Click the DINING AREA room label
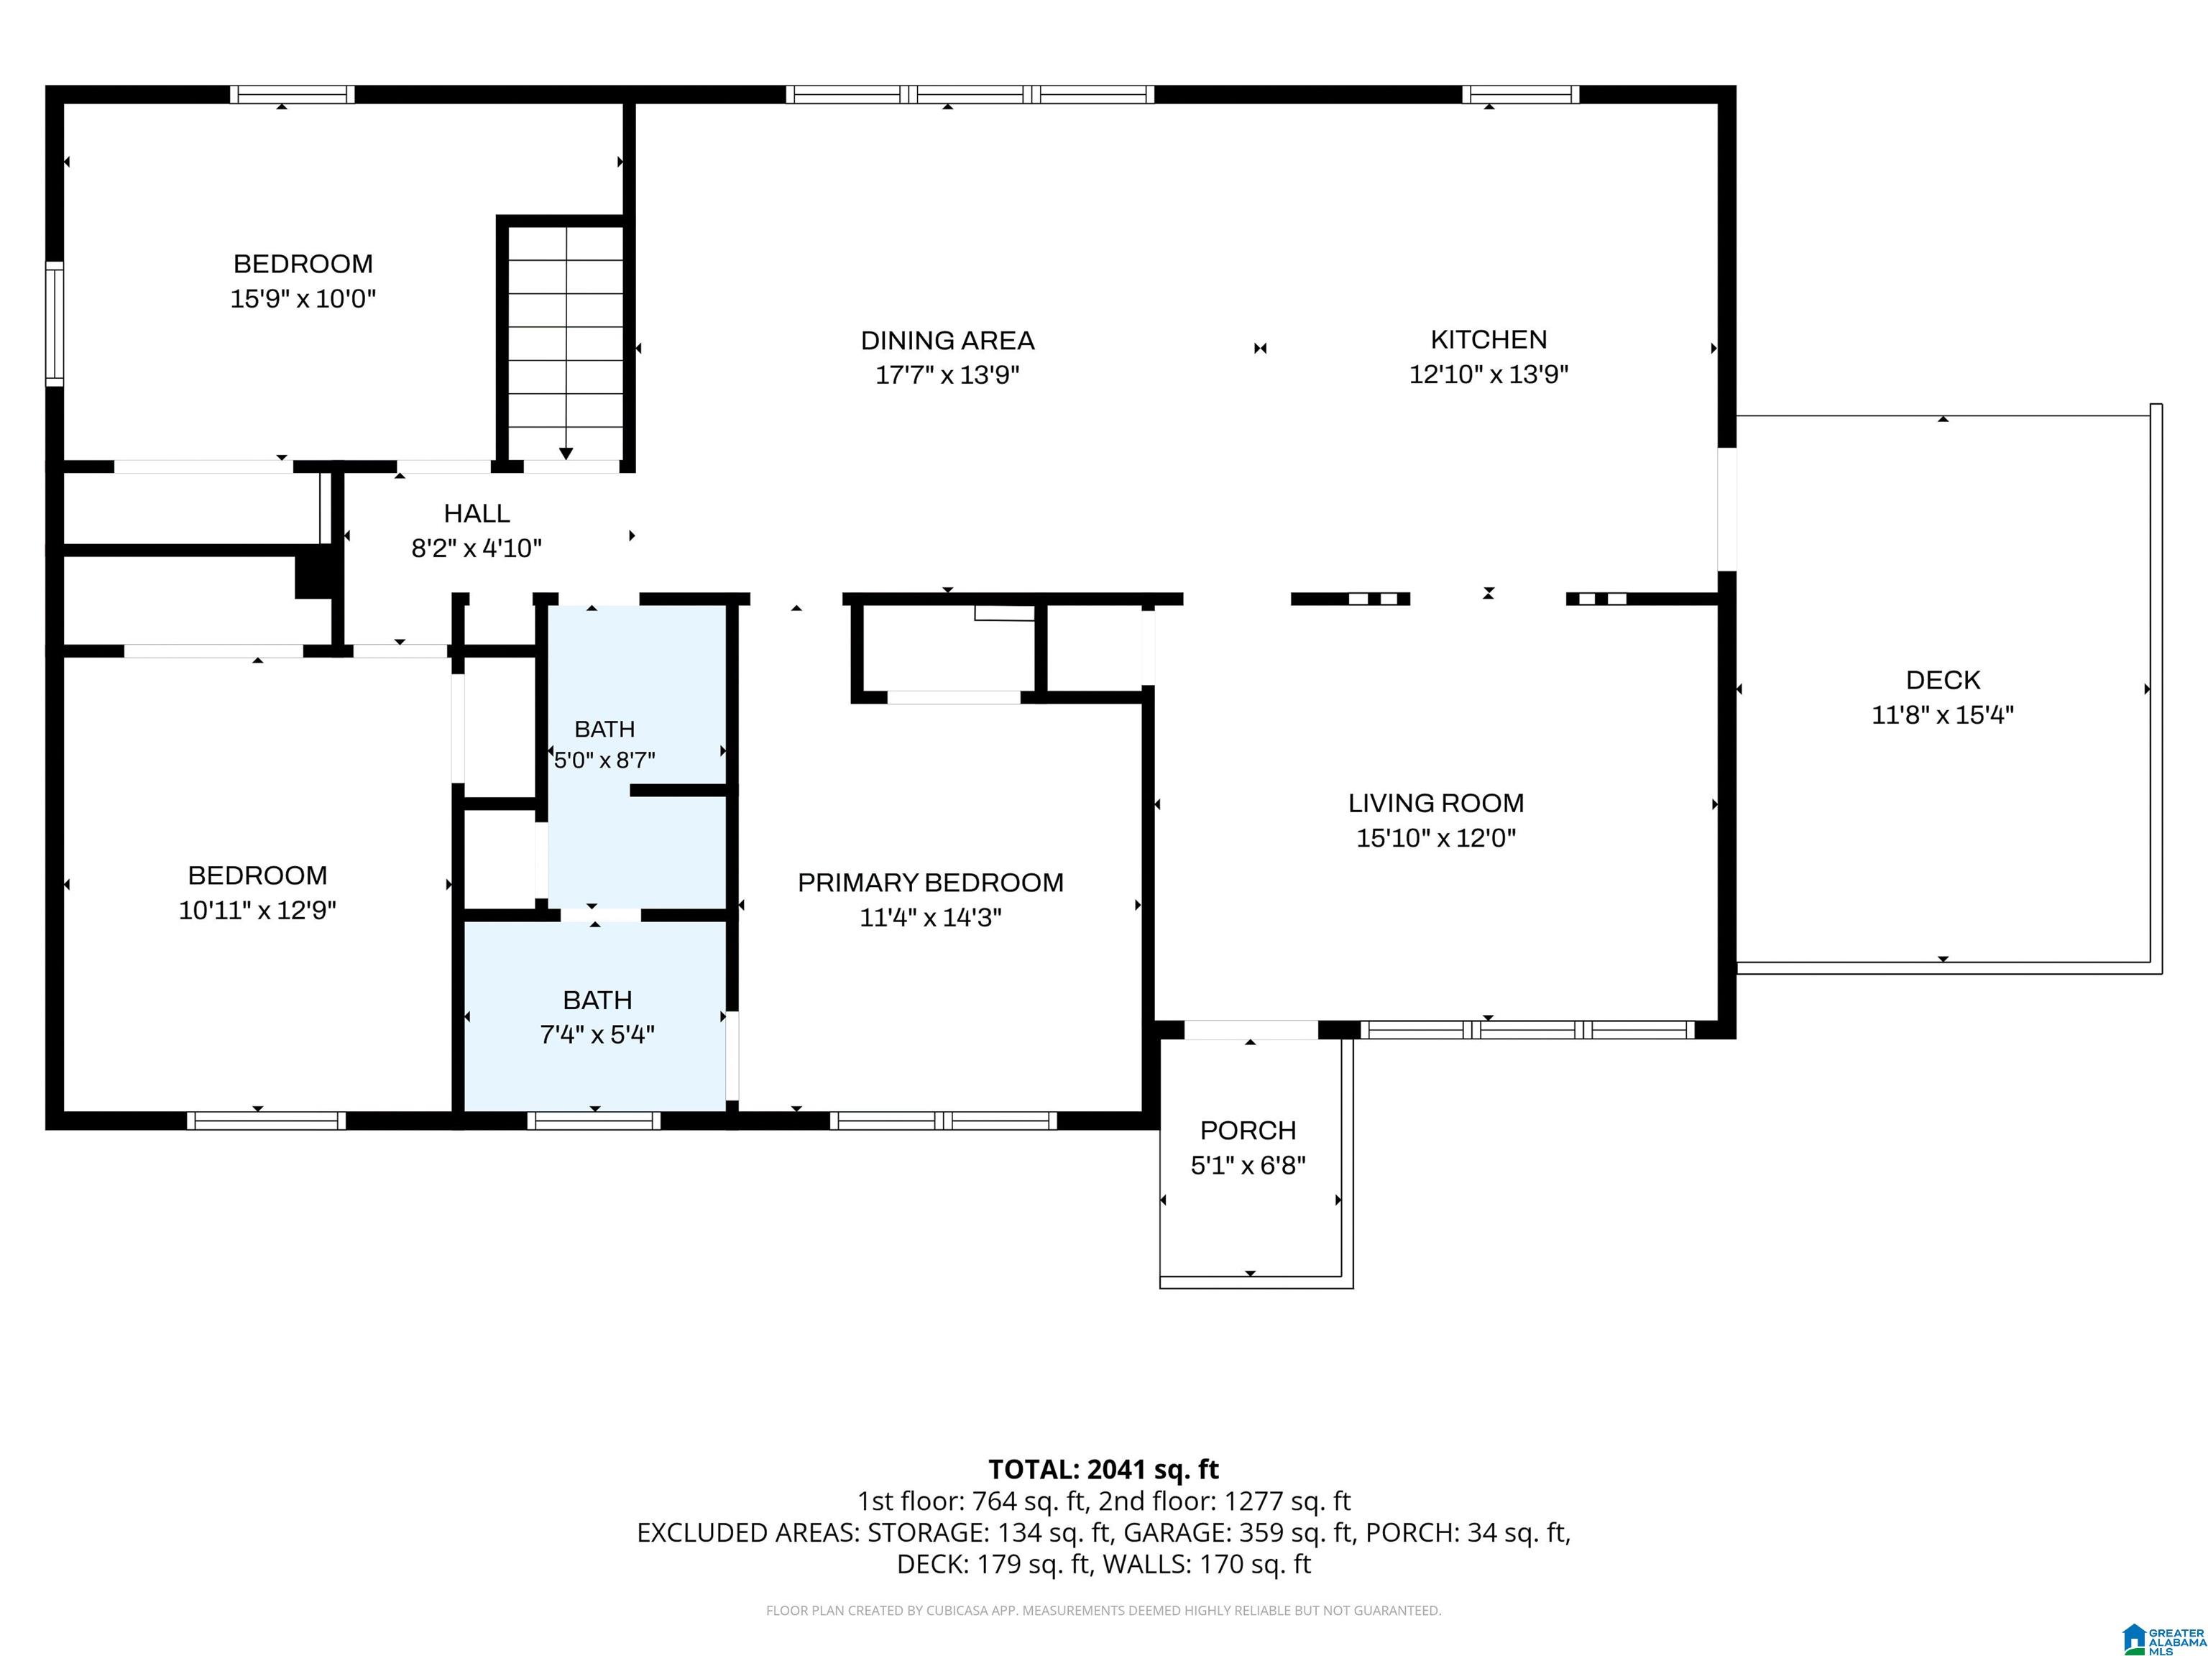pyautogui.click(x=947, y=341)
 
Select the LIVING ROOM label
pyautogui.click(x=1435, y=803)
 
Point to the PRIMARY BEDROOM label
pyautogui.click(x=930, y=883)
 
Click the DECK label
pyautogui.click(x=1943, y=680)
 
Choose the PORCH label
pyautogui.click(x=1248, y=1130)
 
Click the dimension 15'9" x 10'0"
pyautogui.click(x=303, y=298)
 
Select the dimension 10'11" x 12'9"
pyautogui.click(x=257, y=911)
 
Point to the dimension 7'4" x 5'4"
pyautogui.click(x=597, y=1034)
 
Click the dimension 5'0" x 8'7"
pyautogui.click(x=604, y=760)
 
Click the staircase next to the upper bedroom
pyautogui.click(x=566, y=342)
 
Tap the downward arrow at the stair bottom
pyautogui.click(x=566, y=454)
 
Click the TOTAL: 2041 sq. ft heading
pyautogui.click(x=1103, y=1469)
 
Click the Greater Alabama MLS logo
pyautogui.click(x=2163, y=1637)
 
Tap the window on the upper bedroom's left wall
pyautogui.click(x=55, y=323)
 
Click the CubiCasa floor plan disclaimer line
pyautogui.click(x=1103, y=1610)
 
